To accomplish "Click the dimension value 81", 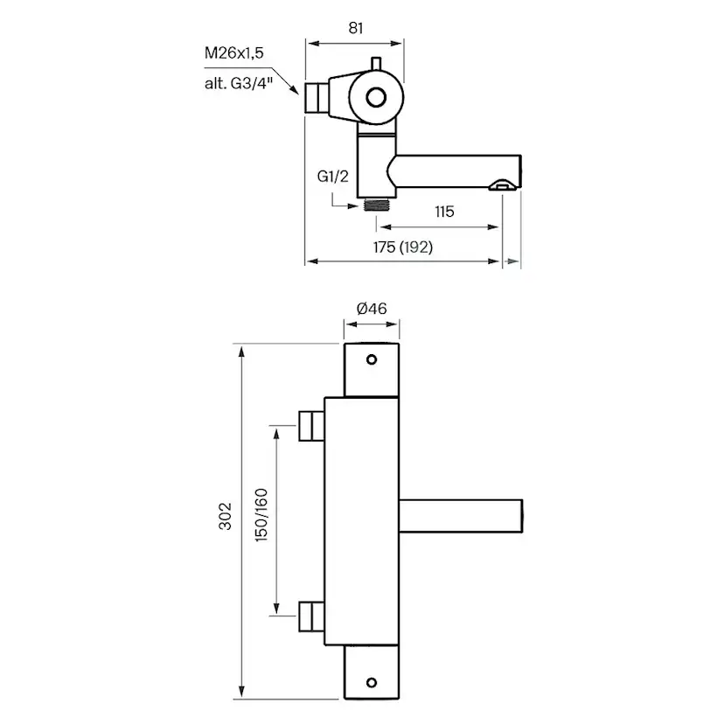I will click(355, 27).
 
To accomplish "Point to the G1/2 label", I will click(333, 177).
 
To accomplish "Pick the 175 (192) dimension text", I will click(403, 247).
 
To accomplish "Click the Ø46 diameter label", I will click(372, 308).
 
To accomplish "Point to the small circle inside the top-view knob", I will click(376, 97).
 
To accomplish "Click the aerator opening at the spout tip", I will click(501, 184).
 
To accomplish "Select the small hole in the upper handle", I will click(372, 359).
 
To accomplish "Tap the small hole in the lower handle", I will click(372, 682).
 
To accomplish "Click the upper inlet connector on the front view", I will click(310, 426).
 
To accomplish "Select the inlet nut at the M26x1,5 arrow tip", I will click(314, 98).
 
